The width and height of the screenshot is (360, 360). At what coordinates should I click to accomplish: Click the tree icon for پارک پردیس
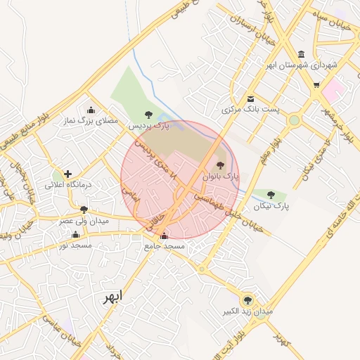(148, 115)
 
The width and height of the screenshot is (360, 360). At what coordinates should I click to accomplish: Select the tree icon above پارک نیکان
(271, 195)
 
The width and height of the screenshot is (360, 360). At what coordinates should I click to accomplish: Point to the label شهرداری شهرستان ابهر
(302, 65)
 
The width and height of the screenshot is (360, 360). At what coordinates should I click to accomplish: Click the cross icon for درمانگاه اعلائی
(67, 174)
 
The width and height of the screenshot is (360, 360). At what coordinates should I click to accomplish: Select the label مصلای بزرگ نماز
(90, 122)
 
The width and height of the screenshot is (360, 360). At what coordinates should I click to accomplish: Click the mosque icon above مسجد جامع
(165, 236)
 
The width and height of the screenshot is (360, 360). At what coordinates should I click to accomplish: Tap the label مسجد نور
(75, 245)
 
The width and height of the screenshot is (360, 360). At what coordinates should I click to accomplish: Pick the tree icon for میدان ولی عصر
(84, 210)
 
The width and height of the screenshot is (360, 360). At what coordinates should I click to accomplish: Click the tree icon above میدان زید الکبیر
(247, 300)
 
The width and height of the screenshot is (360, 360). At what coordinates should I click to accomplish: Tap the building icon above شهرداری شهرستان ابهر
(302, 54)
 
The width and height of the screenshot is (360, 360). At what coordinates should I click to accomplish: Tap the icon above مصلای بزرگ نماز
(91, 110)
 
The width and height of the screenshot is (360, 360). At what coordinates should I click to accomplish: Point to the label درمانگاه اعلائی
(69, 185)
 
